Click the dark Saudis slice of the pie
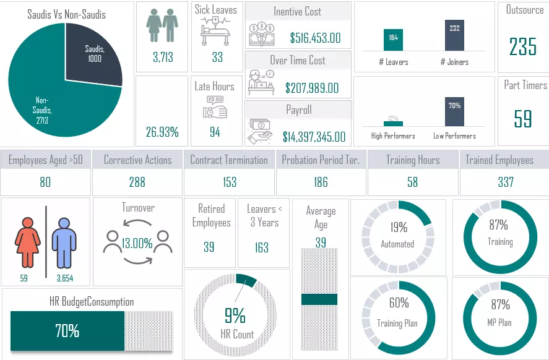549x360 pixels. point(93,56)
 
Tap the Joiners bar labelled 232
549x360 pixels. point(454,36)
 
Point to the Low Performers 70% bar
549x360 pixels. point(454,112)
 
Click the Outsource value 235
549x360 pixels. point(522,47)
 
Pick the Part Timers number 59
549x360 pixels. point(523,119)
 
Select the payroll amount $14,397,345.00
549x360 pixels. point(314,137)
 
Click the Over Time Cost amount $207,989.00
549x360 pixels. point(312,88)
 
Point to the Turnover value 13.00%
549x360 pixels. point(137,243)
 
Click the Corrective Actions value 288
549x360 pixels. point(137,182)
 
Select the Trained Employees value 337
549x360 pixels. point(506,182)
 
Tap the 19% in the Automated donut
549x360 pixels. point(399,228)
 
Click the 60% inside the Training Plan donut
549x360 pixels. point(399,303)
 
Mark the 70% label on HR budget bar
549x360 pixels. point(67,331)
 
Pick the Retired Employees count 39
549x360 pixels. point(209,247)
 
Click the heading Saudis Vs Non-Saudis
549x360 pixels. point(66,14)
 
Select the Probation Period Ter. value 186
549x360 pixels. point(321,182)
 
